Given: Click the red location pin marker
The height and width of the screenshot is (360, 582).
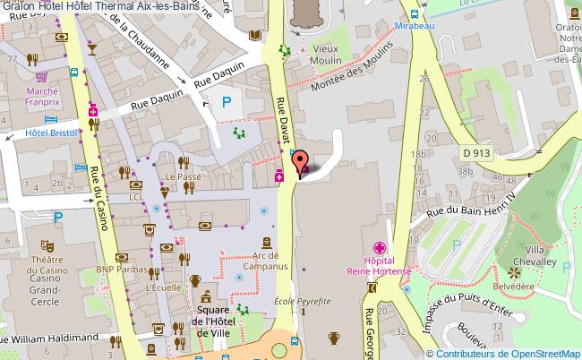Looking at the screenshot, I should [299, 162].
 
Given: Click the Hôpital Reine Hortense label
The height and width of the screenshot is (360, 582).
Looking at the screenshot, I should [380, 260].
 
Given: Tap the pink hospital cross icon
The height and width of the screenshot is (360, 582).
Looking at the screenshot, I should [380, 246].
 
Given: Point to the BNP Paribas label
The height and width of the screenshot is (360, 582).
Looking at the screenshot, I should [122, 268].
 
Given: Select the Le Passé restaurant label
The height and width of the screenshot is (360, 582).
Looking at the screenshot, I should [182, 178].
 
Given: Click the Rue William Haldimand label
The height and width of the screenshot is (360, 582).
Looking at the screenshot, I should [49, 339].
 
